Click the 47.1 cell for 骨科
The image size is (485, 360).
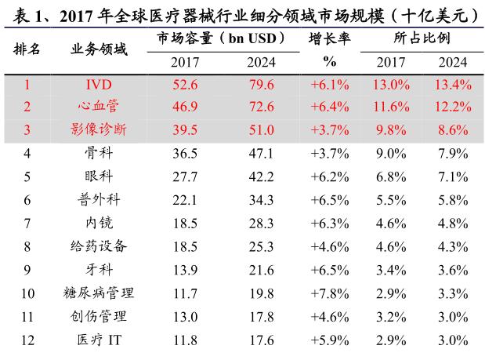click(260, 154)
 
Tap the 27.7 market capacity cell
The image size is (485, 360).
click(186, 177)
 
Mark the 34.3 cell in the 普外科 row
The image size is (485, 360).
click(260, 200)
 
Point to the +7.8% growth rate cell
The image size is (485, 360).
click(330, 293)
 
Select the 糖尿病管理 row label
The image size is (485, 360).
click(98, 293)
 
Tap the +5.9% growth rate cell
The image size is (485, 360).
click(330, 340)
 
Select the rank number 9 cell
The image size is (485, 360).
click(27, 270)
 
